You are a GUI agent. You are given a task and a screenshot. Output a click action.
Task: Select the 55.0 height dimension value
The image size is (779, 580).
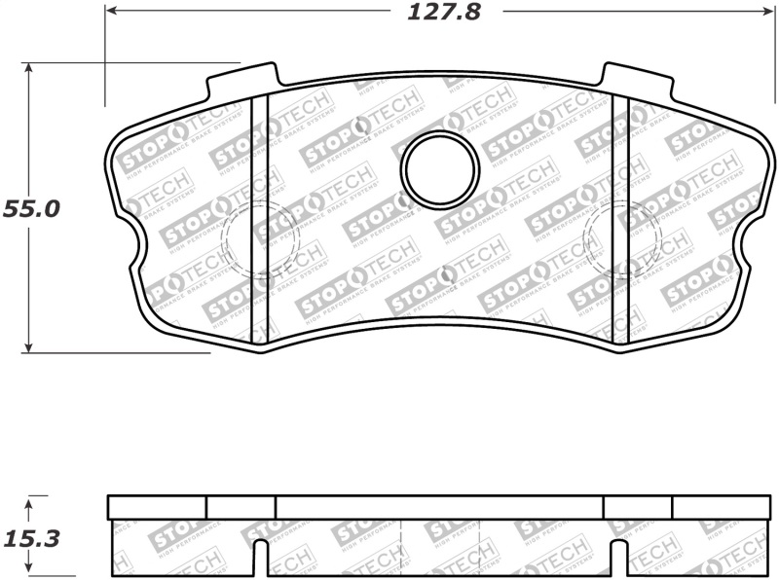31,208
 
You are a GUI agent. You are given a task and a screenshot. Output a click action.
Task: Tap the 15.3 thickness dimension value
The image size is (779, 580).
31,536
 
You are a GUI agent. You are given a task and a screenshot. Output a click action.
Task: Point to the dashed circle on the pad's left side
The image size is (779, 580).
259,238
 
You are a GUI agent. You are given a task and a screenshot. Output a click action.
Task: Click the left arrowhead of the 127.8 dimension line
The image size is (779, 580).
111,12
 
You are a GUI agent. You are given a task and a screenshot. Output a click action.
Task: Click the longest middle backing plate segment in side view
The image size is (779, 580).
439,507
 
